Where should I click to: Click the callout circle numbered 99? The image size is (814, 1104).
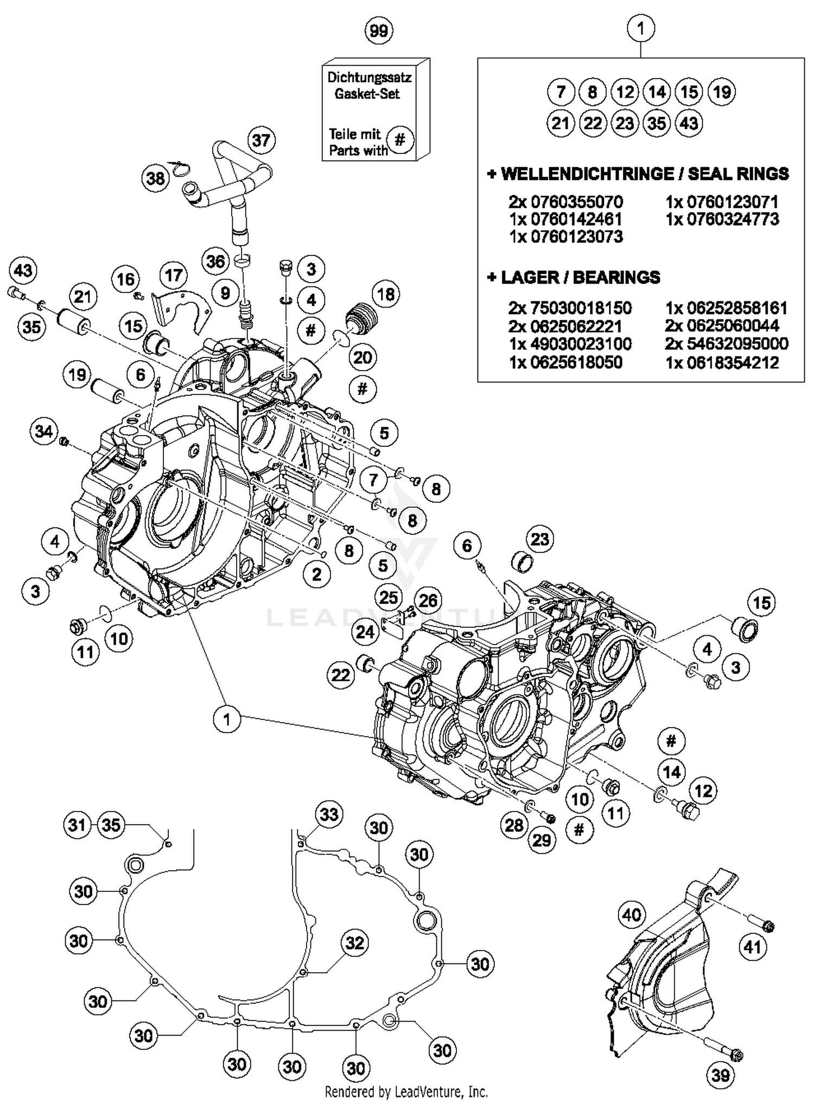point(379,31)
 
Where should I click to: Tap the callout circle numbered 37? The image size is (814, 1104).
point(261,140)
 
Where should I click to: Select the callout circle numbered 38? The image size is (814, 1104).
point(156,177)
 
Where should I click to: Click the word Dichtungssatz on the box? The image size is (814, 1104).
point(369,77)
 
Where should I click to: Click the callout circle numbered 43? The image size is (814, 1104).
point(23,270)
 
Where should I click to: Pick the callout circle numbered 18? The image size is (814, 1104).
point(385,294)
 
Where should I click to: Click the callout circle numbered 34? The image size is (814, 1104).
point(44,431)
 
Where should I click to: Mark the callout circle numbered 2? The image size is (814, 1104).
point(316,573)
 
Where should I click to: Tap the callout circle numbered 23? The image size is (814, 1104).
point(539,539)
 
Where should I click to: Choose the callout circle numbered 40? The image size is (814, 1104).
point(632,915)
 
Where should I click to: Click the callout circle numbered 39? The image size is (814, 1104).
point(720,1075)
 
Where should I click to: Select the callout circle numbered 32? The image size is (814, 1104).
point(354,942)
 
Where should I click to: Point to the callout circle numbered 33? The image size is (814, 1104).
point(329,814)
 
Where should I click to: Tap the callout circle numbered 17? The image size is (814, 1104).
point(174,275)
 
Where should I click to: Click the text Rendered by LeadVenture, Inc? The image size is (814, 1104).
point(406,1091)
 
